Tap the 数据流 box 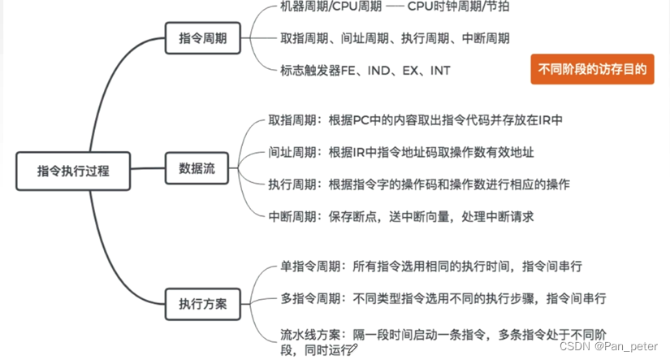197,170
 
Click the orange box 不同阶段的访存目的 592,70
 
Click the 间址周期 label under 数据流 294,152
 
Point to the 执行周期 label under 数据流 294,184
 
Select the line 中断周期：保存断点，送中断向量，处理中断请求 400,216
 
